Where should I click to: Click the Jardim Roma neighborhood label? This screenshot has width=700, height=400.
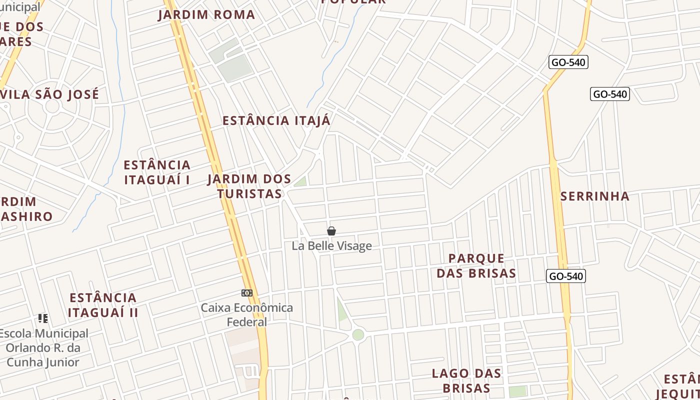click(206, 14)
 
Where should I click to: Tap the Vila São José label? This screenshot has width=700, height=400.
click(53, 94)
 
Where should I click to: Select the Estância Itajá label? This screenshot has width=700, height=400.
click(276, 120)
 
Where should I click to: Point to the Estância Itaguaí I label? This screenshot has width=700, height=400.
click(157, 172)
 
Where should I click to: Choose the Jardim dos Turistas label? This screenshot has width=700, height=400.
click(249, 186)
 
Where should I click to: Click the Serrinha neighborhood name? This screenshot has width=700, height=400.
click(595, 196)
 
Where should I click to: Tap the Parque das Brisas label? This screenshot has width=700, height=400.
click(476, 265)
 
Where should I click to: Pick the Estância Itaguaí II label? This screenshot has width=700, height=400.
click(103, 305)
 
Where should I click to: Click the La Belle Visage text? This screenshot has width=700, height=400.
click(331, 245)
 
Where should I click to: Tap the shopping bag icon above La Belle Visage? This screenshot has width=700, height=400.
click(331, 230)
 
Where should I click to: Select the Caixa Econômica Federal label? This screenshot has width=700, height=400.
click(247, 314)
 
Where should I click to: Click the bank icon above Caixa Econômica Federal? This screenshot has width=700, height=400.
click(247, 293)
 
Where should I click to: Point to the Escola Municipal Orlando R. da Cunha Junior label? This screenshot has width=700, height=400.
click(43, 347)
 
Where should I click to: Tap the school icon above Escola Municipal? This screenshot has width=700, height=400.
click(43, 318)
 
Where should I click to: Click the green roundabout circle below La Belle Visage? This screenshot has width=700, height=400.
click(358, 334)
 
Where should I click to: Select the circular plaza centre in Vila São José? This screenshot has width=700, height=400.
click(52, 106)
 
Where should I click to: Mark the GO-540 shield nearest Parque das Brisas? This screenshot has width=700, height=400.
click(566, 276)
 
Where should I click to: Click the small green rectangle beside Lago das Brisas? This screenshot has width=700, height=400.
click(518, 391)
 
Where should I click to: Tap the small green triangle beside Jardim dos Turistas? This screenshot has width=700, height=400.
click(300, 181)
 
